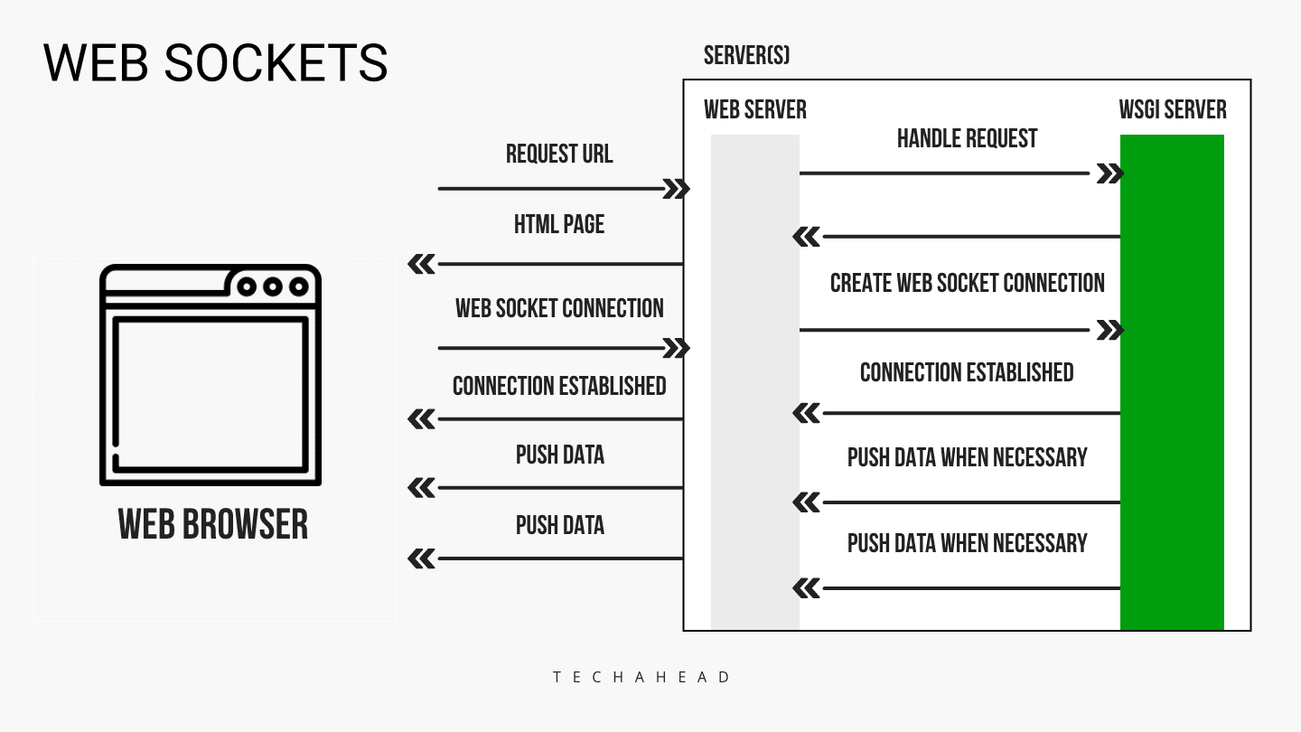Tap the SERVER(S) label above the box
(746, 56)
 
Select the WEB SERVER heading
(755, 110)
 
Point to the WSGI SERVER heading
(1173, 110)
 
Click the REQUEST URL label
(559, 154)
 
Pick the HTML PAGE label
(559, 224)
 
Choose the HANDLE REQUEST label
(967, 138)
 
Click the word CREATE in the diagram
(860, 283)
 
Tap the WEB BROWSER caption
(213, 524)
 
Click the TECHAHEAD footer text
(642, 677)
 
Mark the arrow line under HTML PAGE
(560, 264)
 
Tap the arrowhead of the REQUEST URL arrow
(677, 189)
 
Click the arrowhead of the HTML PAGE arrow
(422, 264)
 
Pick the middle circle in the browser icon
(273, 287)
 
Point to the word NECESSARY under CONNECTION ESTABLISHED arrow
(1040, 457)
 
